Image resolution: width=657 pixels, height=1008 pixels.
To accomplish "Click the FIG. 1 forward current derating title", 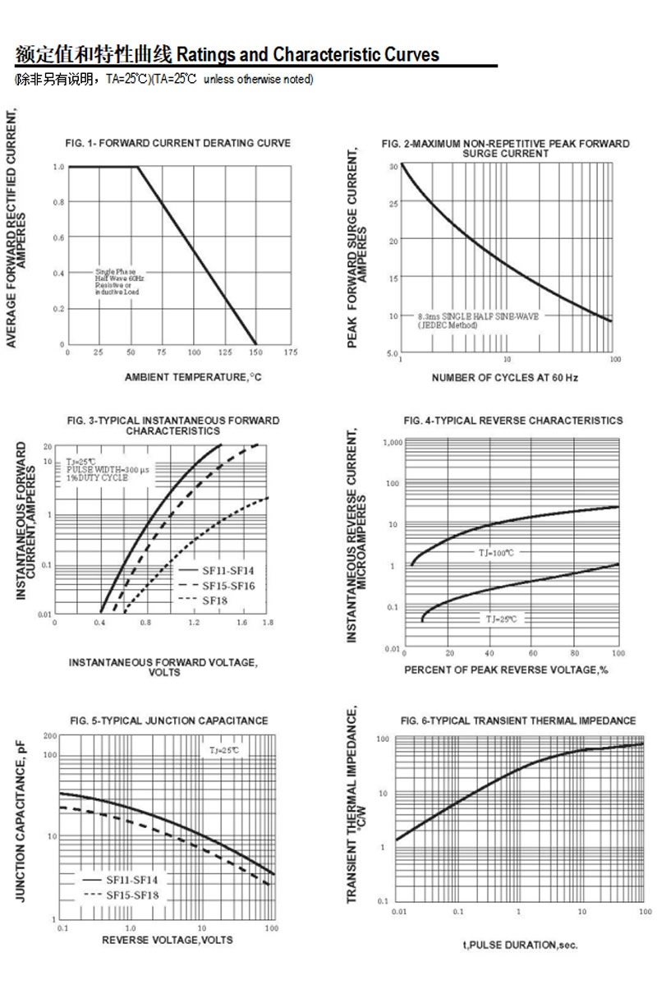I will [x=177, y=143].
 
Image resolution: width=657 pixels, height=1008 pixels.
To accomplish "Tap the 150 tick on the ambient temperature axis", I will [x=257, y=352].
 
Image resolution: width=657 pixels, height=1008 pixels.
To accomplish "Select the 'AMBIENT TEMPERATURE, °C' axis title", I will [x=193, y=377].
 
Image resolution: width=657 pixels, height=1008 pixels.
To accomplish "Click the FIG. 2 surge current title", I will [x=505, y=149].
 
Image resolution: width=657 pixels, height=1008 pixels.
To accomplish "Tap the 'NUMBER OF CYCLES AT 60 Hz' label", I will [x=505, y=378].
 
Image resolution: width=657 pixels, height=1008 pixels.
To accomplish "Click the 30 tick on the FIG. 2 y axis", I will [x=394, y=166].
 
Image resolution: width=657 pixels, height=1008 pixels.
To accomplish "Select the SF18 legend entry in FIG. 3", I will [x=216, y=601].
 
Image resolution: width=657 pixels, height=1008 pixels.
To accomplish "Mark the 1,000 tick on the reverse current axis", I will [x=393, y=443].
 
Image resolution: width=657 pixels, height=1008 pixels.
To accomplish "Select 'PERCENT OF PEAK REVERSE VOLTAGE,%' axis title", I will [x=506, y=670].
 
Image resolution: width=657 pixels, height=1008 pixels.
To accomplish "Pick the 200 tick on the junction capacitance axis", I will [x=50, y=736].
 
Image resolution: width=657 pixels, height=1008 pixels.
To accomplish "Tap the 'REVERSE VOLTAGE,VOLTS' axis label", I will [x=168, y=940].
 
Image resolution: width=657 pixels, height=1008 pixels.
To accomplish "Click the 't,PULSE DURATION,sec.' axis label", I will [x=520, y=946].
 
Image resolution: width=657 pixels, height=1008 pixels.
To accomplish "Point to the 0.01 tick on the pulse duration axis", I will [x=399, y=913].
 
